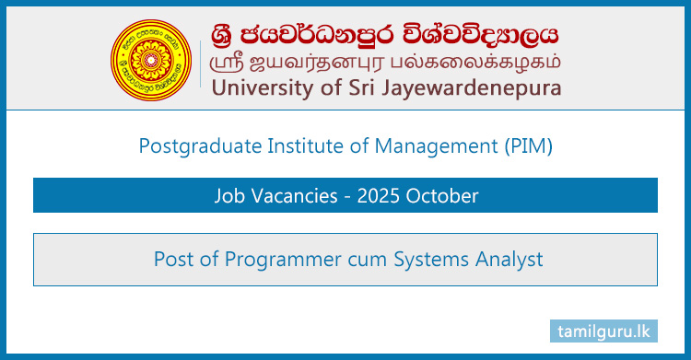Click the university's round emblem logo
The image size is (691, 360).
click(x=153, y=52)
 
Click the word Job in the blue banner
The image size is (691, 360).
click(x=229, y=196)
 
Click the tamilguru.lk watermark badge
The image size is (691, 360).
click(x=603, y=330)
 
